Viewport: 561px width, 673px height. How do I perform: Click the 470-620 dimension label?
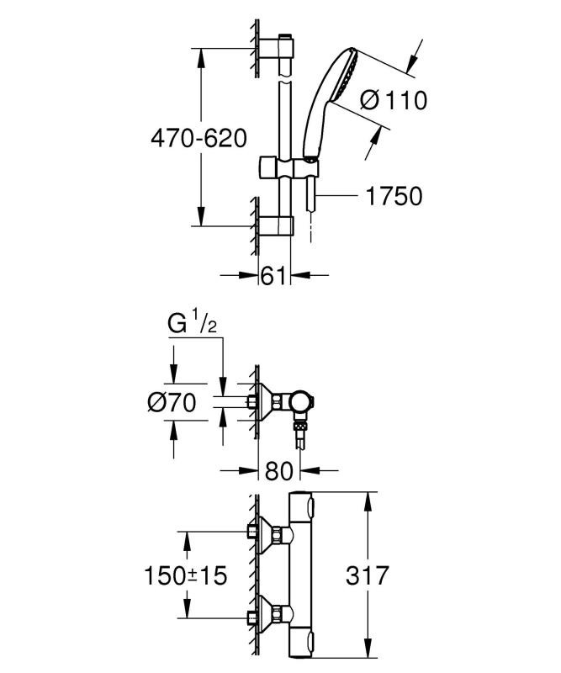[x=199, y=138]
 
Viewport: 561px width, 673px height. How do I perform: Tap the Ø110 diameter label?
[x=393, y=101]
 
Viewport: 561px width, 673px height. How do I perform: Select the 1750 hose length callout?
[x=393, y=196]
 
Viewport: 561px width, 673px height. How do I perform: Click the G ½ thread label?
[x=193, y=322]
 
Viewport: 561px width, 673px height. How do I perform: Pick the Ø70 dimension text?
[x=171, y=403]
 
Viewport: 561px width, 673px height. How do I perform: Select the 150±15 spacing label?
[x=183, y=575]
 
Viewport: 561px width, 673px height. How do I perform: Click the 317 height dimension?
[x=367, y=575]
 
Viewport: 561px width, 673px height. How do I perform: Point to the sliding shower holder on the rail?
[x=288, y=166]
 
